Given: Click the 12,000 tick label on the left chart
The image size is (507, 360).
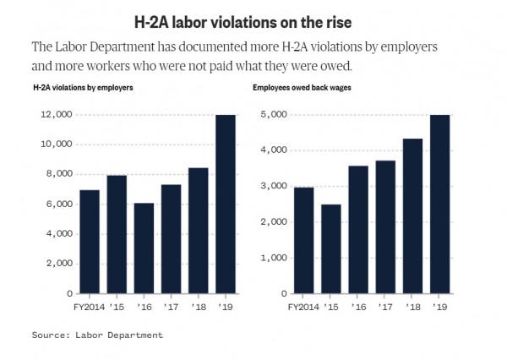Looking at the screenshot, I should coord(53,114).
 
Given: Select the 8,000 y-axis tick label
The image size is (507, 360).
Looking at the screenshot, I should coord(56,174).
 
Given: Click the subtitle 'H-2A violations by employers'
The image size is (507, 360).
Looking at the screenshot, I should coord(82,87).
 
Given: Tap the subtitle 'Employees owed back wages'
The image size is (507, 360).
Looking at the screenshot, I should coord(301,87).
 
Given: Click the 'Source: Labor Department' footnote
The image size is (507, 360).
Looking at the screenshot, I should coord(97,335).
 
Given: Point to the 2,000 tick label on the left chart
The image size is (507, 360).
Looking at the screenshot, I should coord(56,264).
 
